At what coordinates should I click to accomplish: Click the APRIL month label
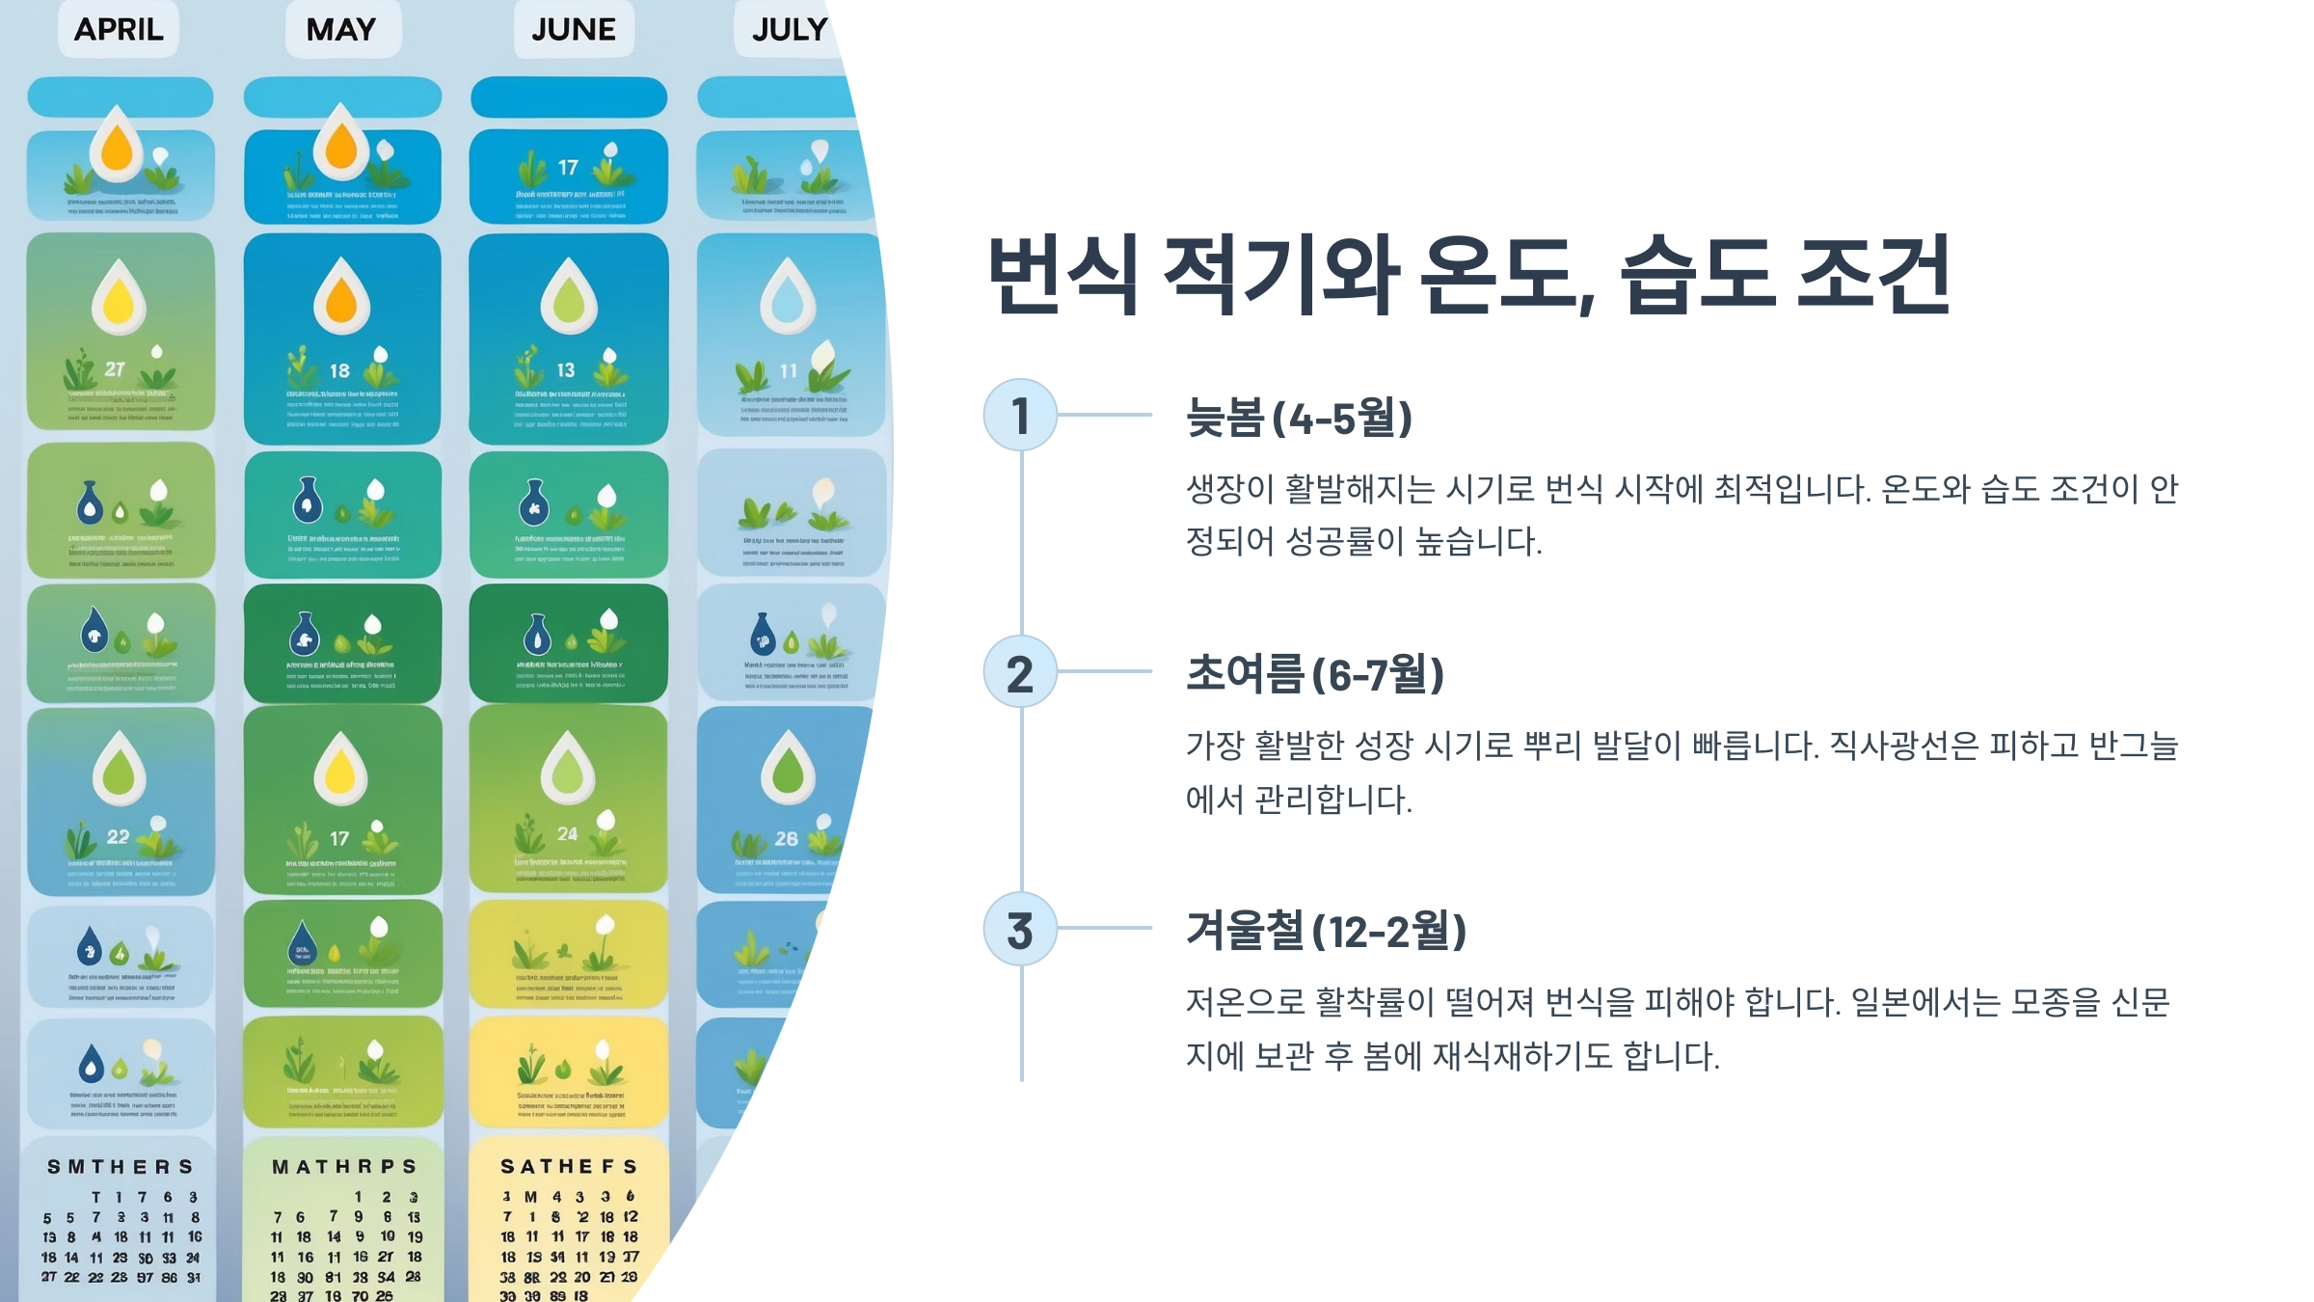119,30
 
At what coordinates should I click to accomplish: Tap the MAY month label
341,30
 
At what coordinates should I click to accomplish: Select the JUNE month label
574,30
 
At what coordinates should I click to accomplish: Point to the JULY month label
790,30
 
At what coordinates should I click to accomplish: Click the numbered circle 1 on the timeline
1020,416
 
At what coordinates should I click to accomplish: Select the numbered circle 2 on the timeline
1020,672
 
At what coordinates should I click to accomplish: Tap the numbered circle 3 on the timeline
1020,930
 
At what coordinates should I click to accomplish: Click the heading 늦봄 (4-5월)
1299,419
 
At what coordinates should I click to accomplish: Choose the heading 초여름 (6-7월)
1314,674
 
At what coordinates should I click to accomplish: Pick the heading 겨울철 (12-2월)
1326,931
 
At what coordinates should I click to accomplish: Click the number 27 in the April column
115,368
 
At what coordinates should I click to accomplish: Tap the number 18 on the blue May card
339,370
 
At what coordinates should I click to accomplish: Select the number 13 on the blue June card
566,370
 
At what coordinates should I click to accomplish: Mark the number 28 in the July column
787,839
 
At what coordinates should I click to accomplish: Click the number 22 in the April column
118,837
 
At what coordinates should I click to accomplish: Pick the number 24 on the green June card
567,834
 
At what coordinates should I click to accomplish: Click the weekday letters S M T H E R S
121,1167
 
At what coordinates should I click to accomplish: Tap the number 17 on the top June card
568,168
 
